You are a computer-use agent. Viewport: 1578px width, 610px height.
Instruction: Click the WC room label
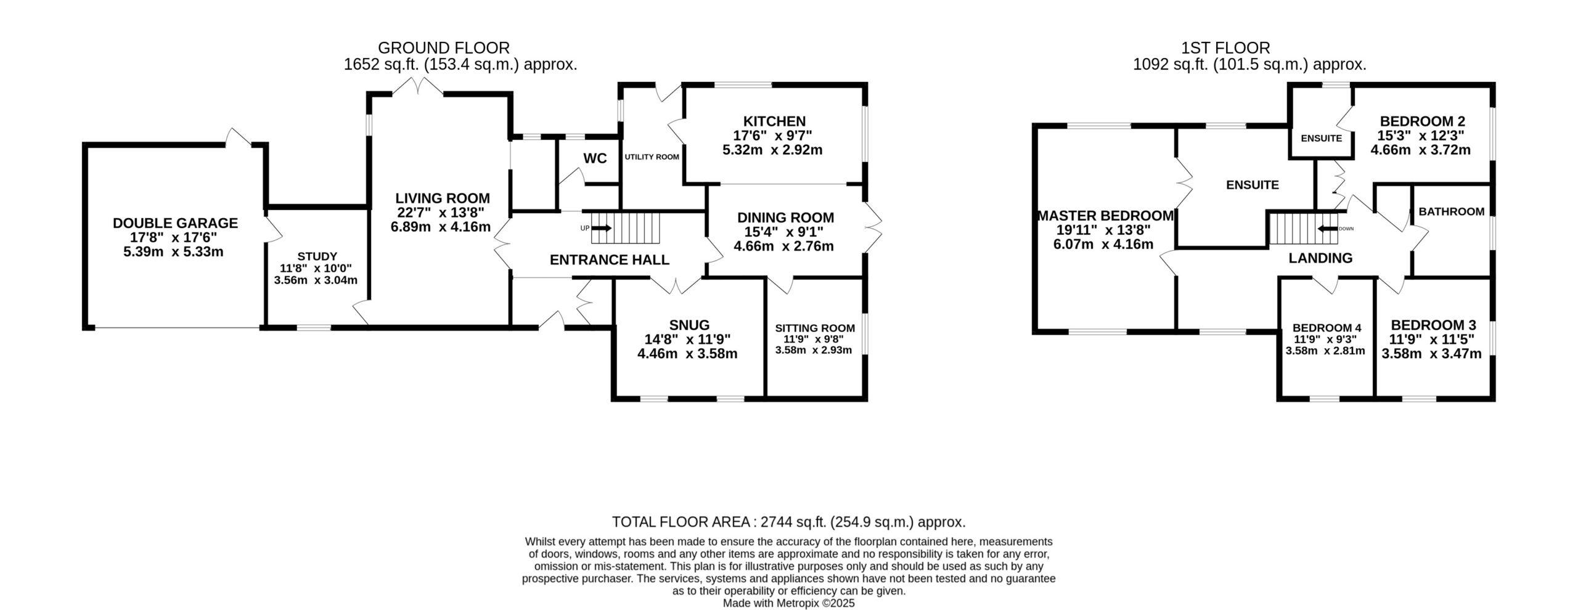595,158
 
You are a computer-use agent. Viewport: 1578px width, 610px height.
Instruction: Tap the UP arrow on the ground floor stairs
602,228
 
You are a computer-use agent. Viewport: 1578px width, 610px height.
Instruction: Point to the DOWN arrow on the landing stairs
1327,229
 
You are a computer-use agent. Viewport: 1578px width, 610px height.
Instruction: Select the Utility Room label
652,157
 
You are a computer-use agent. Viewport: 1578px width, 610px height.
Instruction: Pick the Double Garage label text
175,223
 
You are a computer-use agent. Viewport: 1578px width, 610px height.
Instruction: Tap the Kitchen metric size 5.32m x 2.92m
772,150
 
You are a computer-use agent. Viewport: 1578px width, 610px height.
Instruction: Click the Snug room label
689,325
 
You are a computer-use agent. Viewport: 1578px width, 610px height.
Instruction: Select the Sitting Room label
815,328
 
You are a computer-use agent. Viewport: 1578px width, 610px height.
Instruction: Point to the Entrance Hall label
609,260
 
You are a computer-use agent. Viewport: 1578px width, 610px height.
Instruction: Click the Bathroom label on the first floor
1451,212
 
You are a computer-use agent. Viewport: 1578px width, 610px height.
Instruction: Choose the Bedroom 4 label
1327,328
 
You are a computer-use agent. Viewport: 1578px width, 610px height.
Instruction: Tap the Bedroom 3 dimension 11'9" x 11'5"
1431,340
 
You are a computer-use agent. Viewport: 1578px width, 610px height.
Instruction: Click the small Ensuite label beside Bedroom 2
1322,138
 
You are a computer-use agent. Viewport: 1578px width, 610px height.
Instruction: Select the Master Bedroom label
1106,216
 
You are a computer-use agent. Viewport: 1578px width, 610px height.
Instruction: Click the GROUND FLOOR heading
444,47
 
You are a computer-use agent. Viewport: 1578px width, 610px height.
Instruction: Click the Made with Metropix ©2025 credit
789,603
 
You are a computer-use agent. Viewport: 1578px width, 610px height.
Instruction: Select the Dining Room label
785,218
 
